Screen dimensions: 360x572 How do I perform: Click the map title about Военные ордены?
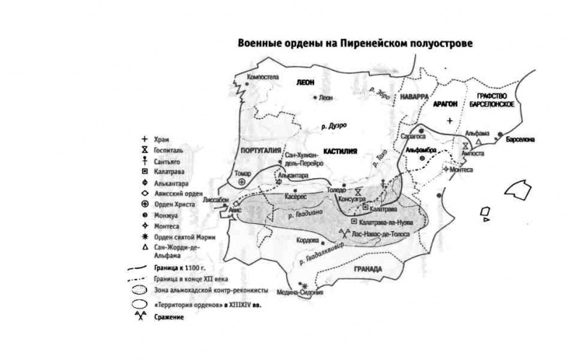coord(355,43)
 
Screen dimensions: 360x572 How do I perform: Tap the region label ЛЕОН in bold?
coord(306,83)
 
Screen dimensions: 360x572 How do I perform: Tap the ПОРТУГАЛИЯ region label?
coord(258,148)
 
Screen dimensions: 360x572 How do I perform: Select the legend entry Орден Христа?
coord(173,205)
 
